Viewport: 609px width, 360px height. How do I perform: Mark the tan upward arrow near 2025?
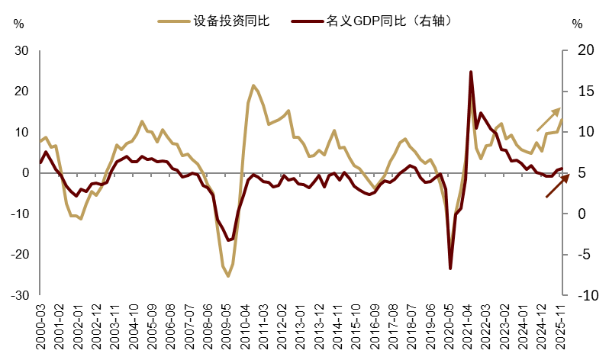coord(548,120)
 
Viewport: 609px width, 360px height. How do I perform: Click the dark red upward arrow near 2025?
coord(557,186)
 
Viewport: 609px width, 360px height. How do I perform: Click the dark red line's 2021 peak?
coord(471,72)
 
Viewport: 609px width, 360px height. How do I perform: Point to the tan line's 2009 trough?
coord(227,276)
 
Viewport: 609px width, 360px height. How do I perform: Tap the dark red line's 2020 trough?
coord(450,268)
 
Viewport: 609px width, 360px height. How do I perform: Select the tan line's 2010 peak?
coord(253,85)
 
